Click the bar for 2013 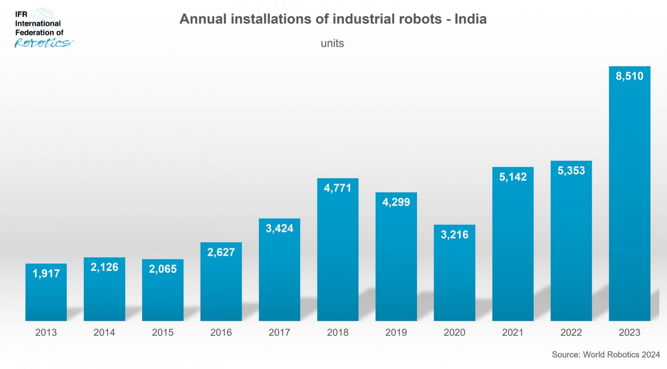(46, 295)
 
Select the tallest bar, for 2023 (629, 195)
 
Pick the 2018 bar (338, 250)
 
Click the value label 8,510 (629, 76)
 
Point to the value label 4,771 (338, 188)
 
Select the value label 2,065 (163, 269)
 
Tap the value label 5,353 (571, 171)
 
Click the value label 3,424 (279, 228)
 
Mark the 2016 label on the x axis (221, 332)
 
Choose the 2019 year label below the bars (396, 332)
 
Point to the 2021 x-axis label (513, 332)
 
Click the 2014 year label (104, 332)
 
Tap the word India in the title (470, 19)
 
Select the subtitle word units (332, 43)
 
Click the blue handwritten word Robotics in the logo (43, 43)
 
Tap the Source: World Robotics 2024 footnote (606, 355)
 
